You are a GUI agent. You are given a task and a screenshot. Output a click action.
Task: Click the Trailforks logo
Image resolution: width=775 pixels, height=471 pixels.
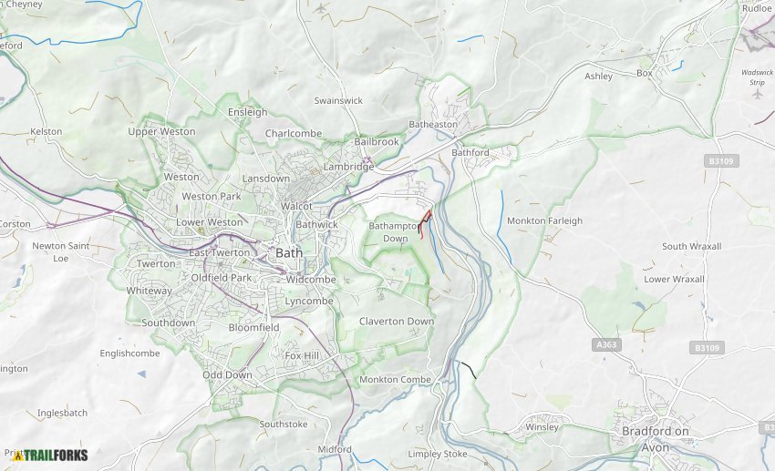click(x=44, y=455)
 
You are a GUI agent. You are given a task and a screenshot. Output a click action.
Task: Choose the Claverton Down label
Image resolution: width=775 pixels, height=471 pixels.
click(x=396, y=322)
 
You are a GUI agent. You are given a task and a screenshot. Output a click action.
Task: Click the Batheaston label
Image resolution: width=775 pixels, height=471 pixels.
click(x=433, y=124)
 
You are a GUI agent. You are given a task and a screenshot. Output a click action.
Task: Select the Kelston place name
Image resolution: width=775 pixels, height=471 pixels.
click(x=46, y=131)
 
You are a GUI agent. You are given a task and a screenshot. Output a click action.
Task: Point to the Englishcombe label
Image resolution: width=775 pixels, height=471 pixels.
click(x=129, y=353)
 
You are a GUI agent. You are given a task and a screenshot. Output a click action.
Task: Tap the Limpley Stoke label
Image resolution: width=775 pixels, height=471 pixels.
click(x=437, y=454)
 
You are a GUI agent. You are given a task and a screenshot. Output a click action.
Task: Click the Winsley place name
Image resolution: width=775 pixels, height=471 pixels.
click(x=541, y=426)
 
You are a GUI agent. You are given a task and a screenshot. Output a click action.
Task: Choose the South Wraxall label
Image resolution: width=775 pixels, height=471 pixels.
click(x=691, y=246)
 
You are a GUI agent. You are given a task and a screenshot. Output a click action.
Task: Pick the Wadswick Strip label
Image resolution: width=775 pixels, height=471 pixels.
click(x=757, y=77)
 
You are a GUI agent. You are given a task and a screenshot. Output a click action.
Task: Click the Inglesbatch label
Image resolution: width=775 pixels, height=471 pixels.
click(x=62, y=413)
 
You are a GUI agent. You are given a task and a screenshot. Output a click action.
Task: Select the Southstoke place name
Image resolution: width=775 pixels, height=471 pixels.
click(x=283, y=424)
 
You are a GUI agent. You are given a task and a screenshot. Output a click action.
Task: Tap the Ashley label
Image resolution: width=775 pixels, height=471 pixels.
click(x=598, y=77)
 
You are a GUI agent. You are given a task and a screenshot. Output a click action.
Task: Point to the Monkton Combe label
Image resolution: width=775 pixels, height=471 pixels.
click(x=395, y=379)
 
